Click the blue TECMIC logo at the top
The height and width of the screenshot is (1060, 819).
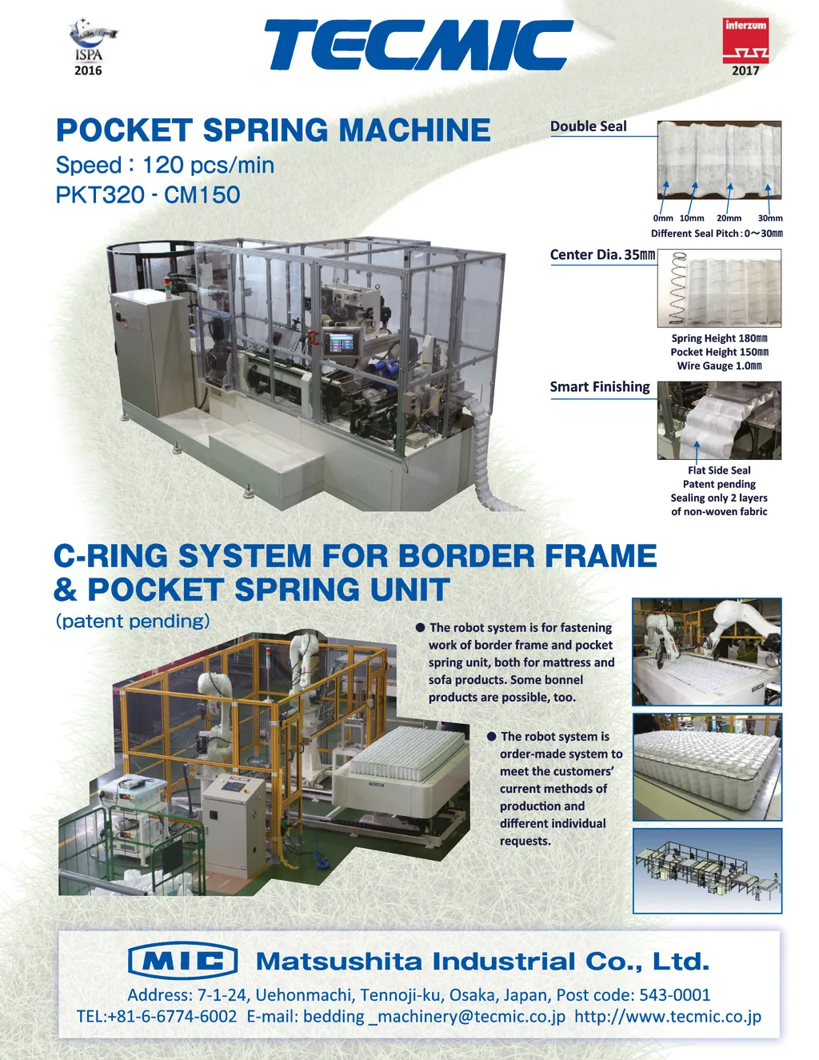pyautogui.click(x=417, y=45)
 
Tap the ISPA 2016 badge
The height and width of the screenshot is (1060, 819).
pyautogui.click(x=90, y=49)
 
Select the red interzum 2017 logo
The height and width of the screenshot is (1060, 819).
pyautogui.click(x=745, y=45)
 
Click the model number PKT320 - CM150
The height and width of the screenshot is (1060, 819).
pyautogui.click(x=148, y=194)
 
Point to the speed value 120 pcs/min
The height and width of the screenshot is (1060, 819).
pyautogui.click(x=208, y=165)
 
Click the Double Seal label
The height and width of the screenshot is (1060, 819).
pyautogui.click(x=589, y=126)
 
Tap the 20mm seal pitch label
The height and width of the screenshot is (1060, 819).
pyautogui.click(x=729, y=218)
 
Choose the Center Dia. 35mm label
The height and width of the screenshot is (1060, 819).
pyautogui.click(x=602, y=255)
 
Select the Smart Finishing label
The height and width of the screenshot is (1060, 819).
pyautogui.click(x=600, y=387)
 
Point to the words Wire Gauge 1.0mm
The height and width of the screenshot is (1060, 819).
pyautogui.click(x=719, y=366)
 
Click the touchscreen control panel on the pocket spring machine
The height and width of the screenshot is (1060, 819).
pyautogui.click(x=341, y=343)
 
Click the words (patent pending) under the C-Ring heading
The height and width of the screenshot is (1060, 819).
pyautogui.click(x=133, y=621)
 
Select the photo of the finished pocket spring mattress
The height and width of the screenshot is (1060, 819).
pyautogui.click(x=707, y=767)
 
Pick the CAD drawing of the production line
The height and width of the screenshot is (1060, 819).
pyautogui.click(x=707, y=870)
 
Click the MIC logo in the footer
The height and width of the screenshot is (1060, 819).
pyautogui.click(x=183, y=960)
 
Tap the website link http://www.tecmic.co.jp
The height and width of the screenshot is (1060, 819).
pyautogui.click(x=668, y=1016)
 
